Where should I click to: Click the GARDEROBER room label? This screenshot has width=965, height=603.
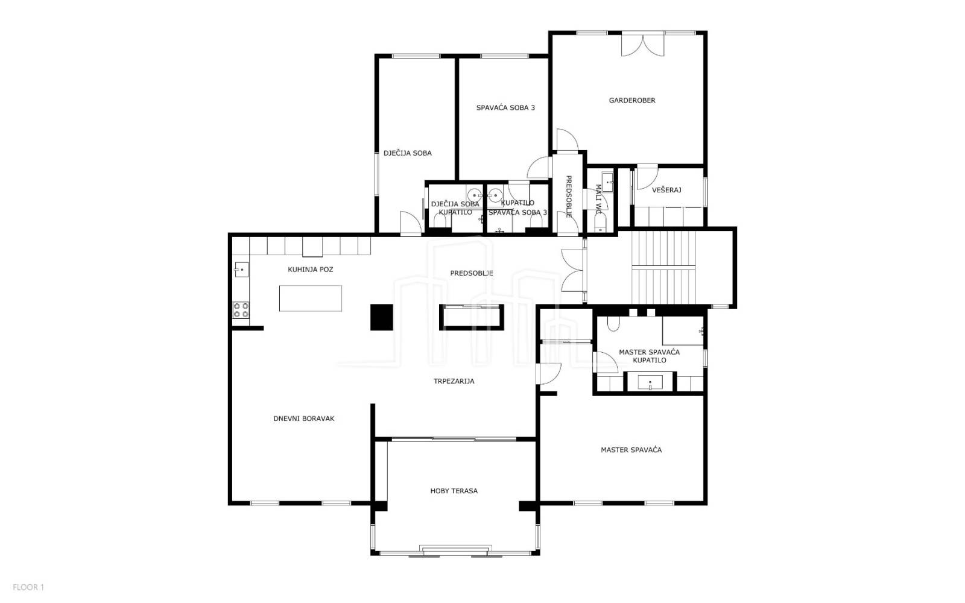(632, 100)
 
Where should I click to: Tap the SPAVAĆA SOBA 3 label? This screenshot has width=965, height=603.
(505, 108)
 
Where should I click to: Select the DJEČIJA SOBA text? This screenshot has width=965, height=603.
(408, 153)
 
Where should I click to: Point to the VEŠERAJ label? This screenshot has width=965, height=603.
(666, 190)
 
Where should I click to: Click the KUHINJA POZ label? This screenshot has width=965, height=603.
(310, 270)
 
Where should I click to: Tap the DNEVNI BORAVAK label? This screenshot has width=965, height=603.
(304, 418)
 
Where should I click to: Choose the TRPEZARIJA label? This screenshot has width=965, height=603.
(454, 381)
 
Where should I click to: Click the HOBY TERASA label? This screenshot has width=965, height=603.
(454, 491)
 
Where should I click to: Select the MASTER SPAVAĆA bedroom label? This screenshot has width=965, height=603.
(631, 450)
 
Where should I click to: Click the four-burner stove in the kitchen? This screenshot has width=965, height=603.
(241, 310)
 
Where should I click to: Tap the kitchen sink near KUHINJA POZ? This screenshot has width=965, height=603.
(241, 270)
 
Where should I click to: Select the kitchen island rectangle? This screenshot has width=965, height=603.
(310, 298)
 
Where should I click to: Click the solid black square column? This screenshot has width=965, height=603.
(382, 317)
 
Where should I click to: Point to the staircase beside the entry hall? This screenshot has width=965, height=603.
(663, 268)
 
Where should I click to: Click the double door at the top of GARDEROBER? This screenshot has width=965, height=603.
(643, 45)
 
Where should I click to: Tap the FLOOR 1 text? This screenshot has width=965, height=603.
(28, 587)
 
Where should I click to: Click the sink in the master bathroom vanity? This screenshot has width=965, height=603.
(650, 382)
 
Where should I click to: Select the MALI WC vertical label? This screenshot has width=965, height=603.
(598, 200)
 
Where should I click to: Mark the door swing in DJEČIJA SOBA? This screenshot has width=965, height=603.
(410, 224)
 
